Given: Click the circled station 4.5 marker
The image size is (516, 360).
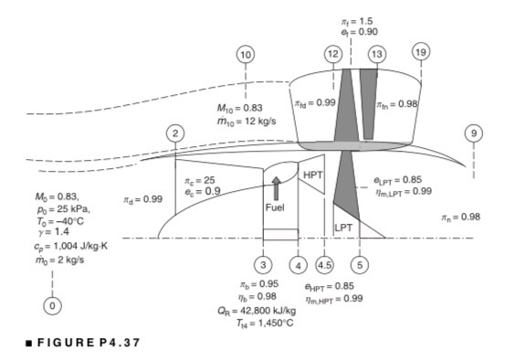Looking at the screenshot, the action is [325, 265].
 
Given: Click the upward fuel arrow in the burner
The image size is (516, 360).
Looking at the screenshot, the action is [276, 191].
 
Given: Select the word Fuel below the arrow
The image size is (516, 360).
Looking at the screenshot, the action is [276, 207].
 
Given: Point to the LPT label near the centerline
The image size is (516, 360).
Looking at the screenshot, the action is [344, 227].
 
